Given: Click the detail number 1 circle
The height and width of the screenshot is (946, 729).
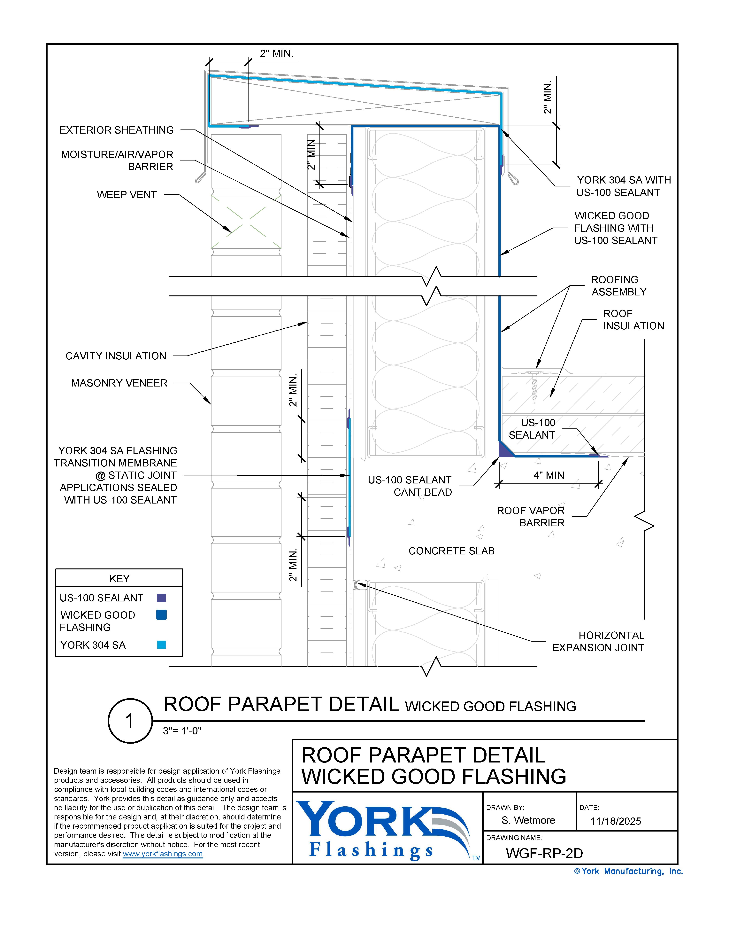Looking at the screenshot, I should [130, 721].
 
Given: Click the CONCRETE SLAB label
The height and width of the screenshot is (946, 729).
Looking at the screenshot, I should [451, 551].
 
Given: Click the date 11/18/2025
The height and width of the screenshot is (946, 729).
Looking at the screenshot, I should [616, 821].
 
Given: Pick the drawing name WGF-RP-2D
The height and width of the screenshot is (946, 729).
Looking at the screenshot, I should [544, 853].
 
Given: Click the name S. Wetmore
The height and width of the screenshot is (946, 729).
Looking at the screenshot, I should [528, 820].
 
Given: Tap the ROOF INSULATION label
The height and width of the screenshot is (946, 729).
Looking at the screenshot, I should [633, 320].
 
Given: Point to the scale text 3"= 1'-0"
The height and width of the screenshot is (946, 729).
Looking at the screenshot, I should [182, 731].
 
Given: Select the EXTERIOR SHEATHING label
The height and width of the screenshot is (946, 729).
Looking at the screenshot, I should [116, 130].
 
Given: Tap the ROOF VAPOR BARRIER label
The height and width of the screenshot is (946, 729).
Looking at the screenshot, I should [531, 517].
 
